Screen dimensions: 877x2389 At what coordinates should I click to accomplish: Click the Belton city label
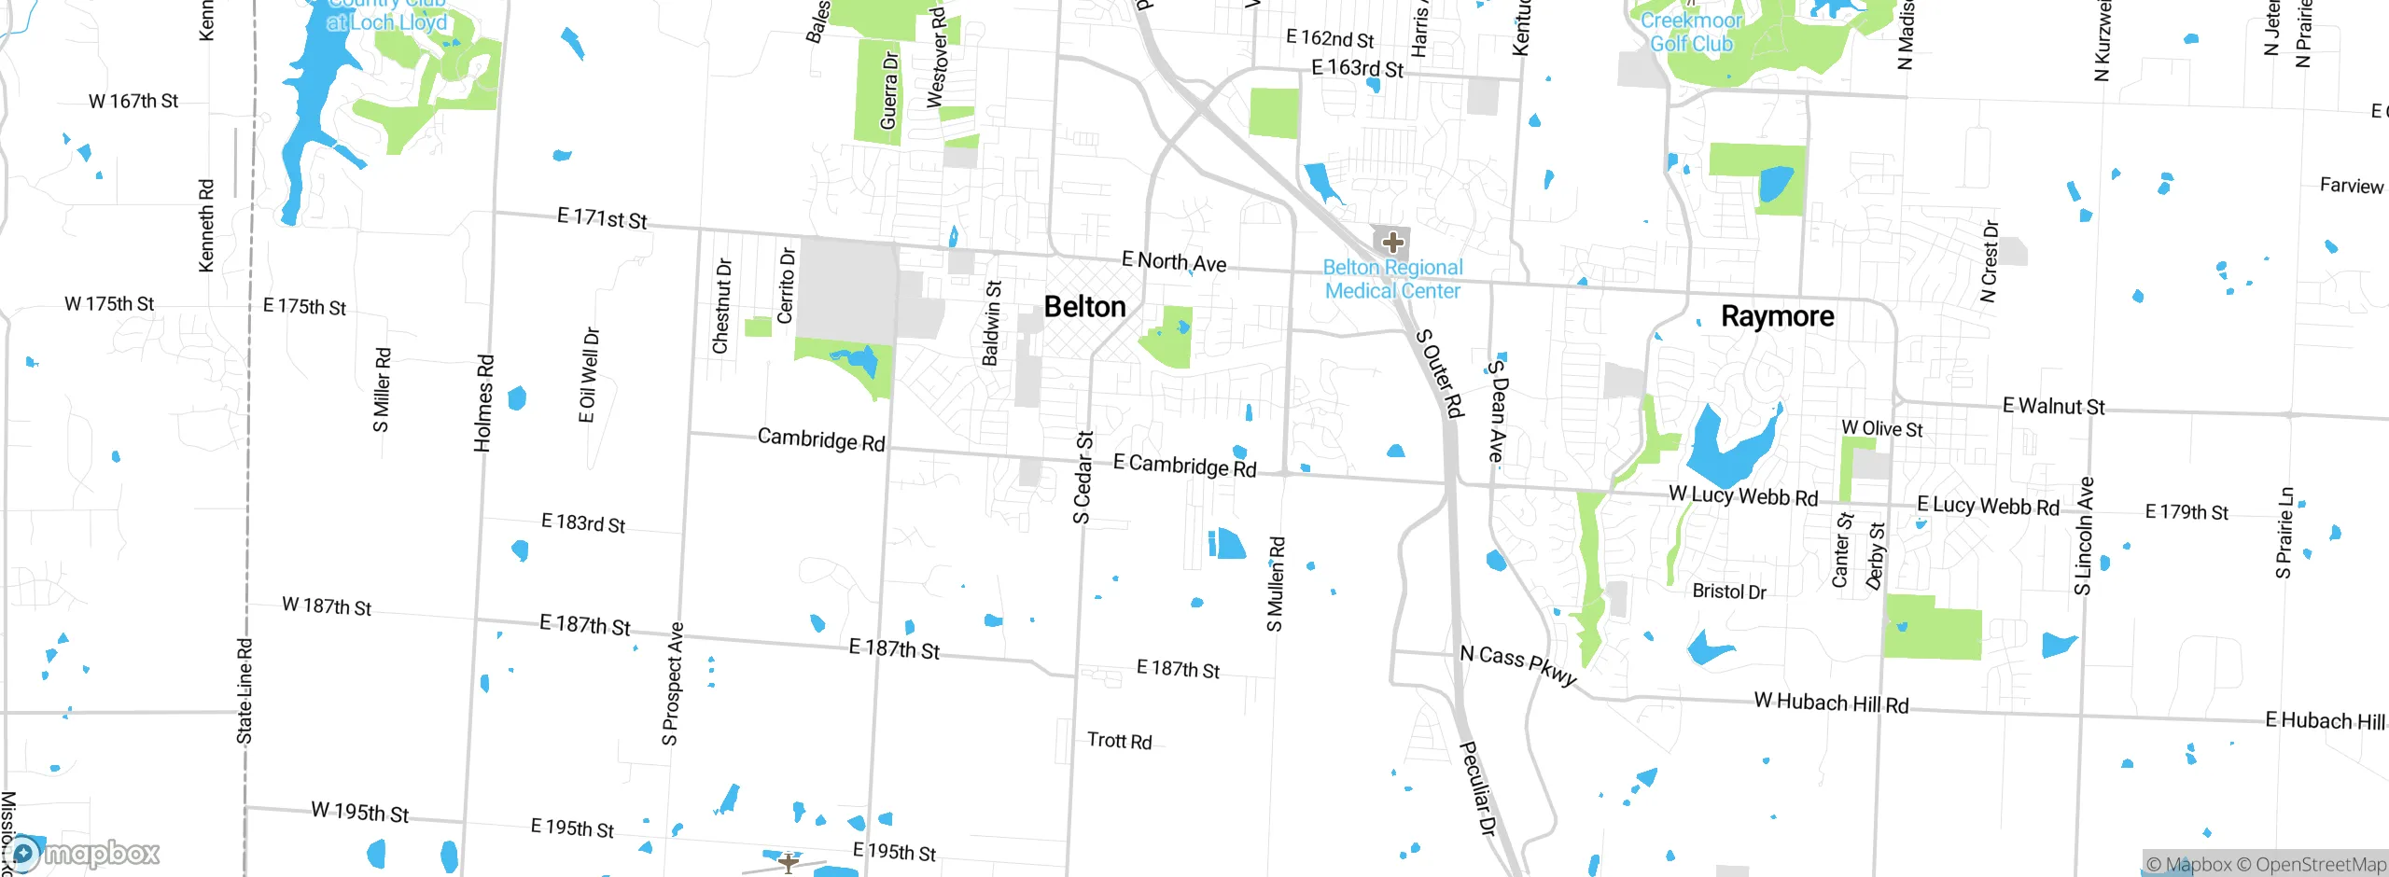coord(1084,307)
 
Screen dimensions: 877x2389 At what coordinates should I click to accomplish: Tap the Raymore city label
coord(1777,316)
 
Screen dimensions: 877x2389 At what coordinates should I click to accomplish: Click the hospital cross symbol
coord(1392,244)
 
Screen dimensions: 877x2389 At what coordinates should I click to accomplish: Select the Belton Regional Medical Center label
coord(1392,279)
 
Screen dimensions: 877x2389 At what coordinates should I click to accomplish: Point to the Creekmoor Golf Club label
coord(1691,32)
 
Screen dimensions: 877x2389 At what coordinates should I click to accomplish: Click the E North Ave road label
coord(1174,262)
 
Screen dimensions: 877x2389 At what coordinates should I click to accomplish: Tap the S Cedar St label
coord(1083,477)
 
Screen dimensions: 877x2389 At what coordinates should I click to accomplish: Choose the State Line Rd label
coord(244,690)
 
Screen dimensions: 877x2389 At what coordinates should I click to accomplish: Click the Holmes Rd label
coord(483,403)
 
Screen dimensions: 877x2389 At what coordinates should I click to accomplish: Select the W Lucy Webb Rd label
coord(1743,495)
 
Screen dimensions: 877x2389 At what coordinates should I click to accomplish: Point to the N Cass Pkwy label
coord(1518,665)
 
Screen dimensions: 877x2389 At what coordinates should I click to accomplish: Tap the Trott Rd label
coord(1120,741)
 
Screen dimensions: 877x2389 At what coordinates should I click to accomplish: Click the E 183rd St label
coord(583,523)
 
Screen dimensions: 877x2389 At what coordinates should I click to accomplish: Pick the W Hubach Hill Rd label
coord(1831,703)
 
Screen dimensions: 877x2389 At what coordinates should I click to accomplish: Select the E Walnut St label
coord(2053,407)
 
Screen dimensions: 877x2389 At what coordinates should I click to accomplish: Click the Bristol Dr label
coord(1729,592)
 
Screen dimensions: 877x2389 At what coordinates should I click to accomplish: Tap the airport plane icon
coord(789,862)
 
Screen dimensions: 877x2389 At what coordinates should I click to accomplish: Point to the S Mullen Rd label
coord(1276,584)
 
